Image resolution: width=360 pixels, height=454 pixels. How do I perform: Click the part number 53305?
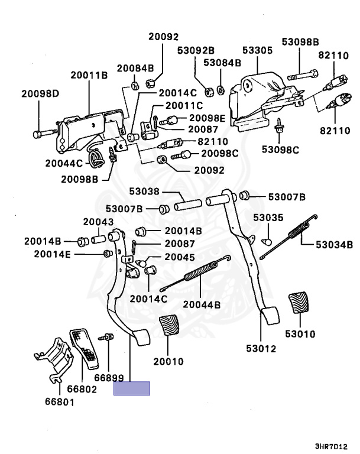coord(257,50)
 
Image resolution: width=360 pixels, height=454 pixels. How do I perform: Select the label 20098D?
coord(40,93)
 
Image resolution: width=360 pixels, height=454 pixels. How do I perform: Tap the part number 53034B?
coord(334,245)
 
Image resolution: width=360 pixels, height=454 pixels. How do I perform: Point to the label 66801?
coord(60,402)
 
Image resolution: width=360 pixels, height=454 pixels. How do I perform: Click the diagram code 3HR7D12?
coord(331,446)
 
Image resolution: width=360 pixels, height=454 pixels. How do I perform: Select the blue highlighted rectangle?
coord(132,388)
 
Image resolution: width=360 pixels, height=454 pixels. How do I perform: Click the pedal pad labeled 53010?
coord(299,302)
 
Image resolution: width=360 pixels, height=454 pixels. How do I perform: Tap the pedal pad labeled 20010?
coord(170,326)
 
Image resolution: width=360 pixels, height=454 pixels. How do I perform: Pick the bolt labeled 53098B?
coord(303,74)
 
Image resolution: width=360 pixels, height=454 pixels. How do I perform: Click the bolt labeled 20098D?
coord(45,134)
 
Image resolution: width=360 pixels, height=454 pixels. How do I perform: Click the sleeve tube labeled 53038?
coord(187,205)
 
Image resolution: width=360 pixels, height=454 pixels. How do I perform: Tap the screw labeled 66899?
coord(106,338)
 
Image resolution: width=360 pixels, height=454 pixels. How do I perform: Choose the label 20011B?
coord(89,75)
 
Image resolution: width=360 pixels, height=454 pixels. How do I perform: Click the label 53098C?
coord(280,150)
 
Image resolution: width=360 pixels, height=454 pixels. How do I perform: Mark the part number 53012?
coord(261,349)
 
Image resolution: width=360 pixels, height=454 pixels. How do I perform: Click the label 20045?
coord(180,257)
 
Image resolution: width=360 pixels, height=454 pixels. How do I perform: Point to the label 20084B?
coord(135,69)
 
